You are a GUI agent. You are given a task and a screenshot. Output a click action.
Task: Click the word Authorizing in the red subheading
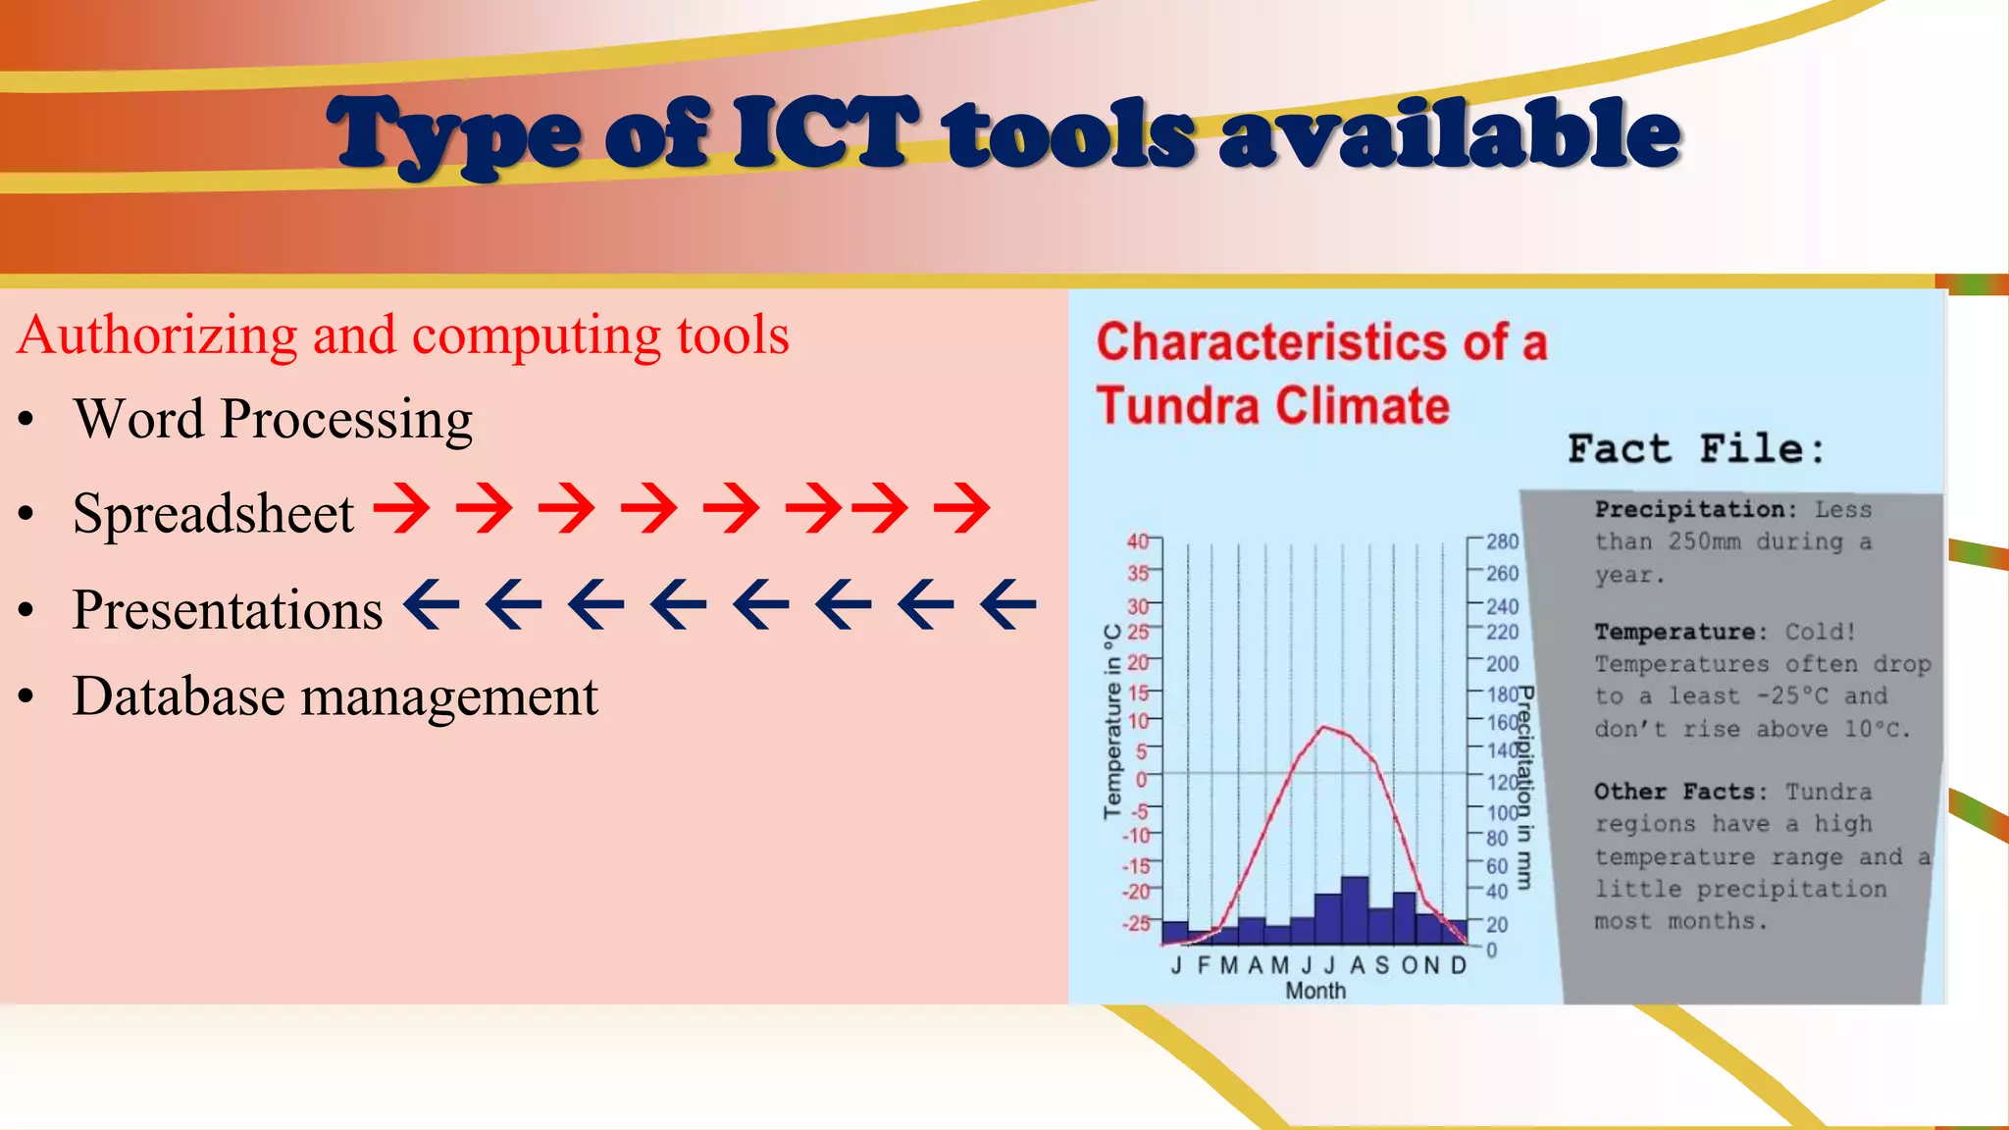157,335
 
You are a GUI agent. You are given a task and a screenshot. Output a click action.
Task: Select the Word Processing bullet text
273,420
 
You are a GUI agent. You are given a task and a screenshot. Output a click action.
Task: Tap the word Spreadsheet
213,514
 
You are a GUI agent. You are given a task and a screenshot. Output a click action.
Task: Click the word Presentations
228,610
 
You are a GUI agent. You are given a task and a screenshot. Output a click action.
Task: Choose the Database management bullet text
335,697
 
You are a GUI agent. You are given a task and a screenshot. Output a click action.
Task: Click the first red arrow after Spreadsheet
401,507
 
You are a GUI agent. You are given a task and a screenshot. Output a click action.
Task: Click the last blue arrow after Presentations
1008,604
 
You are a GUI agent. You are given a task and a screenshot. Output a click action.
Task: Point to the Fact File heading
1696,449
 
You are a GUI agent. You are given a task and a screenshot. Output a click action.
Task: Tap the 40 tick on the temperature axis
1138,541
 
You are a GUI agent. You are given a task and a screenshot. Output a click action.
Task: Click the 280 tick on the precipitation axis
1502,541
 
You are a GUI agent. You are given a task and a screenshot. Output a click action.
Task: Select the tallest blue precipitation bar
1355,909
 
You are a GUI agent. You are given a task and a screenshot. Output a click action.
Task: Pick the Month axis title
1315,991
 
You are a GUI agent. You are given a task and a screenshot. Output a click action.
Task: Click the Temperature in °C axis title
1112,721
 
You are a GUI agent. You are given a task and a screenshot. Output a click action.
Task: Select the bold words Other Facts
1679,792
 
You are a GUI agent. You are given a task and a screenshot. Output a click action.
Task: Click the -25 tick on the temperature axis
1137,923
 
